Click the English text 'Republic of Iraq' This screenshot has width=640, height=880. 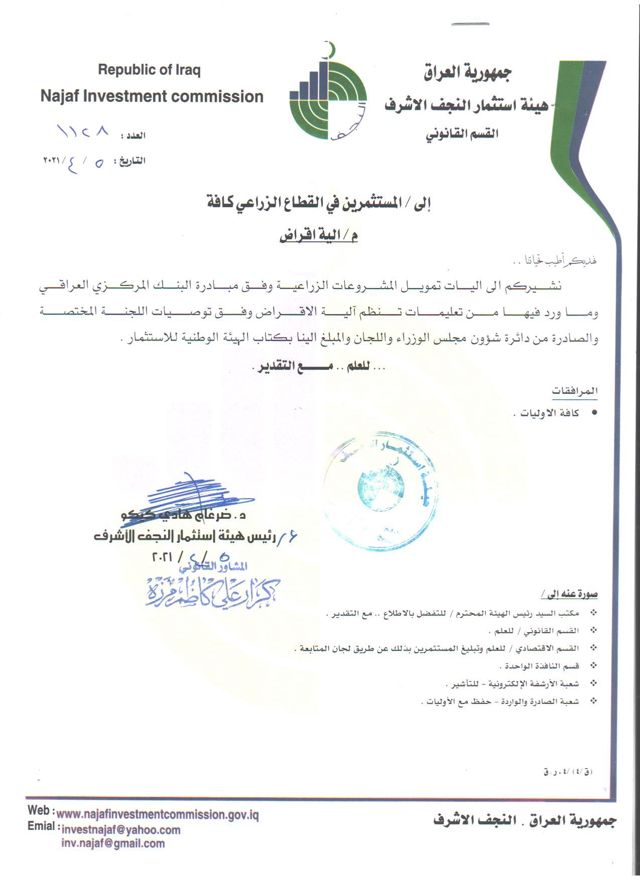[x=149, y=70]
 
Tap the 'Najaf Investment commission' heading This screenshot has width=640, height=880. [x=152, y=96]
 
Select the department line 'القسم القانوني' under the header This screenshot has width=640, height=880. [x=461, y=134]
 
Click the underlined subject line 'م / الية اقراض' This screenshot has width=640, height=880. [x=318, y=236]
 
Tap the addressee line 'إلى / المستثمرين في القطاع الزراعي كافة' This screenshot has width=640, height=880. [x=319, y=204]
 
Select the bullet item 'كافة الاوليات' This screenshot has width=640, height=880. [x=547, y=414]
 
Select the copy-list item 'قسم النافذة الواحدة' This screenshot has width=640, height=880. [x=540, y=666]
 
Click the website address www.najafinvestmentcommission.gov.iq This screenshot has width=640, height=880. [x=158, y=815]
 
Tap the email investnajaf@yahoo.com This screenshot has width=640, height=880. [x=120, y=830]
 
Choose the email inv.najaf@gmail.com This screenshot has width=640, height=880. [x=113, y=843]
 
